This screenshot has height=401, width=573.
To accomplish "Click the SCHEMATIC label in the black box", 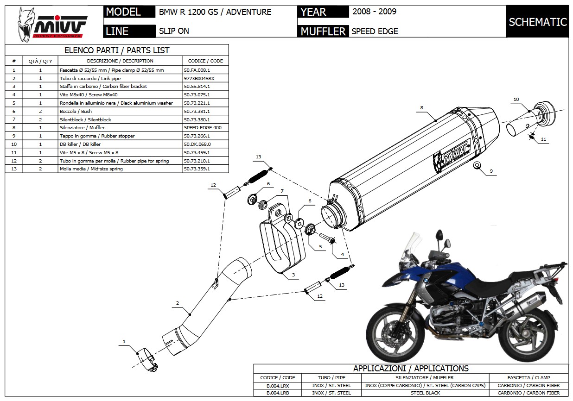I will coord(537,22).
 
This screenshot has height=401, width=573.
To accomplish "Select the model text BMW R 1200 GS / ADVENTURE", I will coord(215,12).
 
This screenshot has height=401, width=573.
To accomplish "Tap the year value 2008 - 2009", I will coord(374,12).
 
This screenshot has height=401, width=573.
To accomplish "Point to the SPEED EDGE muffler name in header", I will coord(375,31).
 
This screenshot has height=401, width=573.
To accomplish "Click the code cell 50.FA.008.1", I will coord(197,70).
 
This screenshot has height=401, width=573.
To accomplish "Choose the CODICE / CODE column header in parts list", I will coord(205,61).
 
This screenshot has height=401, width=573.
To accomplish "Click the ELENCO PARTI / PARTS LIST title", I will coord(116,50).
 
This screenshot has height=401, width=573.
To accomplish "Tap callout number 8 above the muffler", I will coord(422,107).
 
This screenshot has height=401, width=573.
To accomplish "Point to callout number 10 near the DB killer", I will coord(516,99).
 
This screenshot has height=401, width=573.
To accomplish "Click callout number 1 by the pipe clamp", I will coord(124,342).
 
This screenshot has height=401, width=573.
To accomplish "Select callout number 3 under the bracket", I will coord(293,275).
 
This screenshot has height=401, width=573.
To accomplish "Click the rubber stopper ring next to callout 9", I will coord(476,165).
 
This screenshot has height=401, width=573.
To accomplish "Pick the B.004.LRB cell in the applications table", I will coord(277,393).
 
